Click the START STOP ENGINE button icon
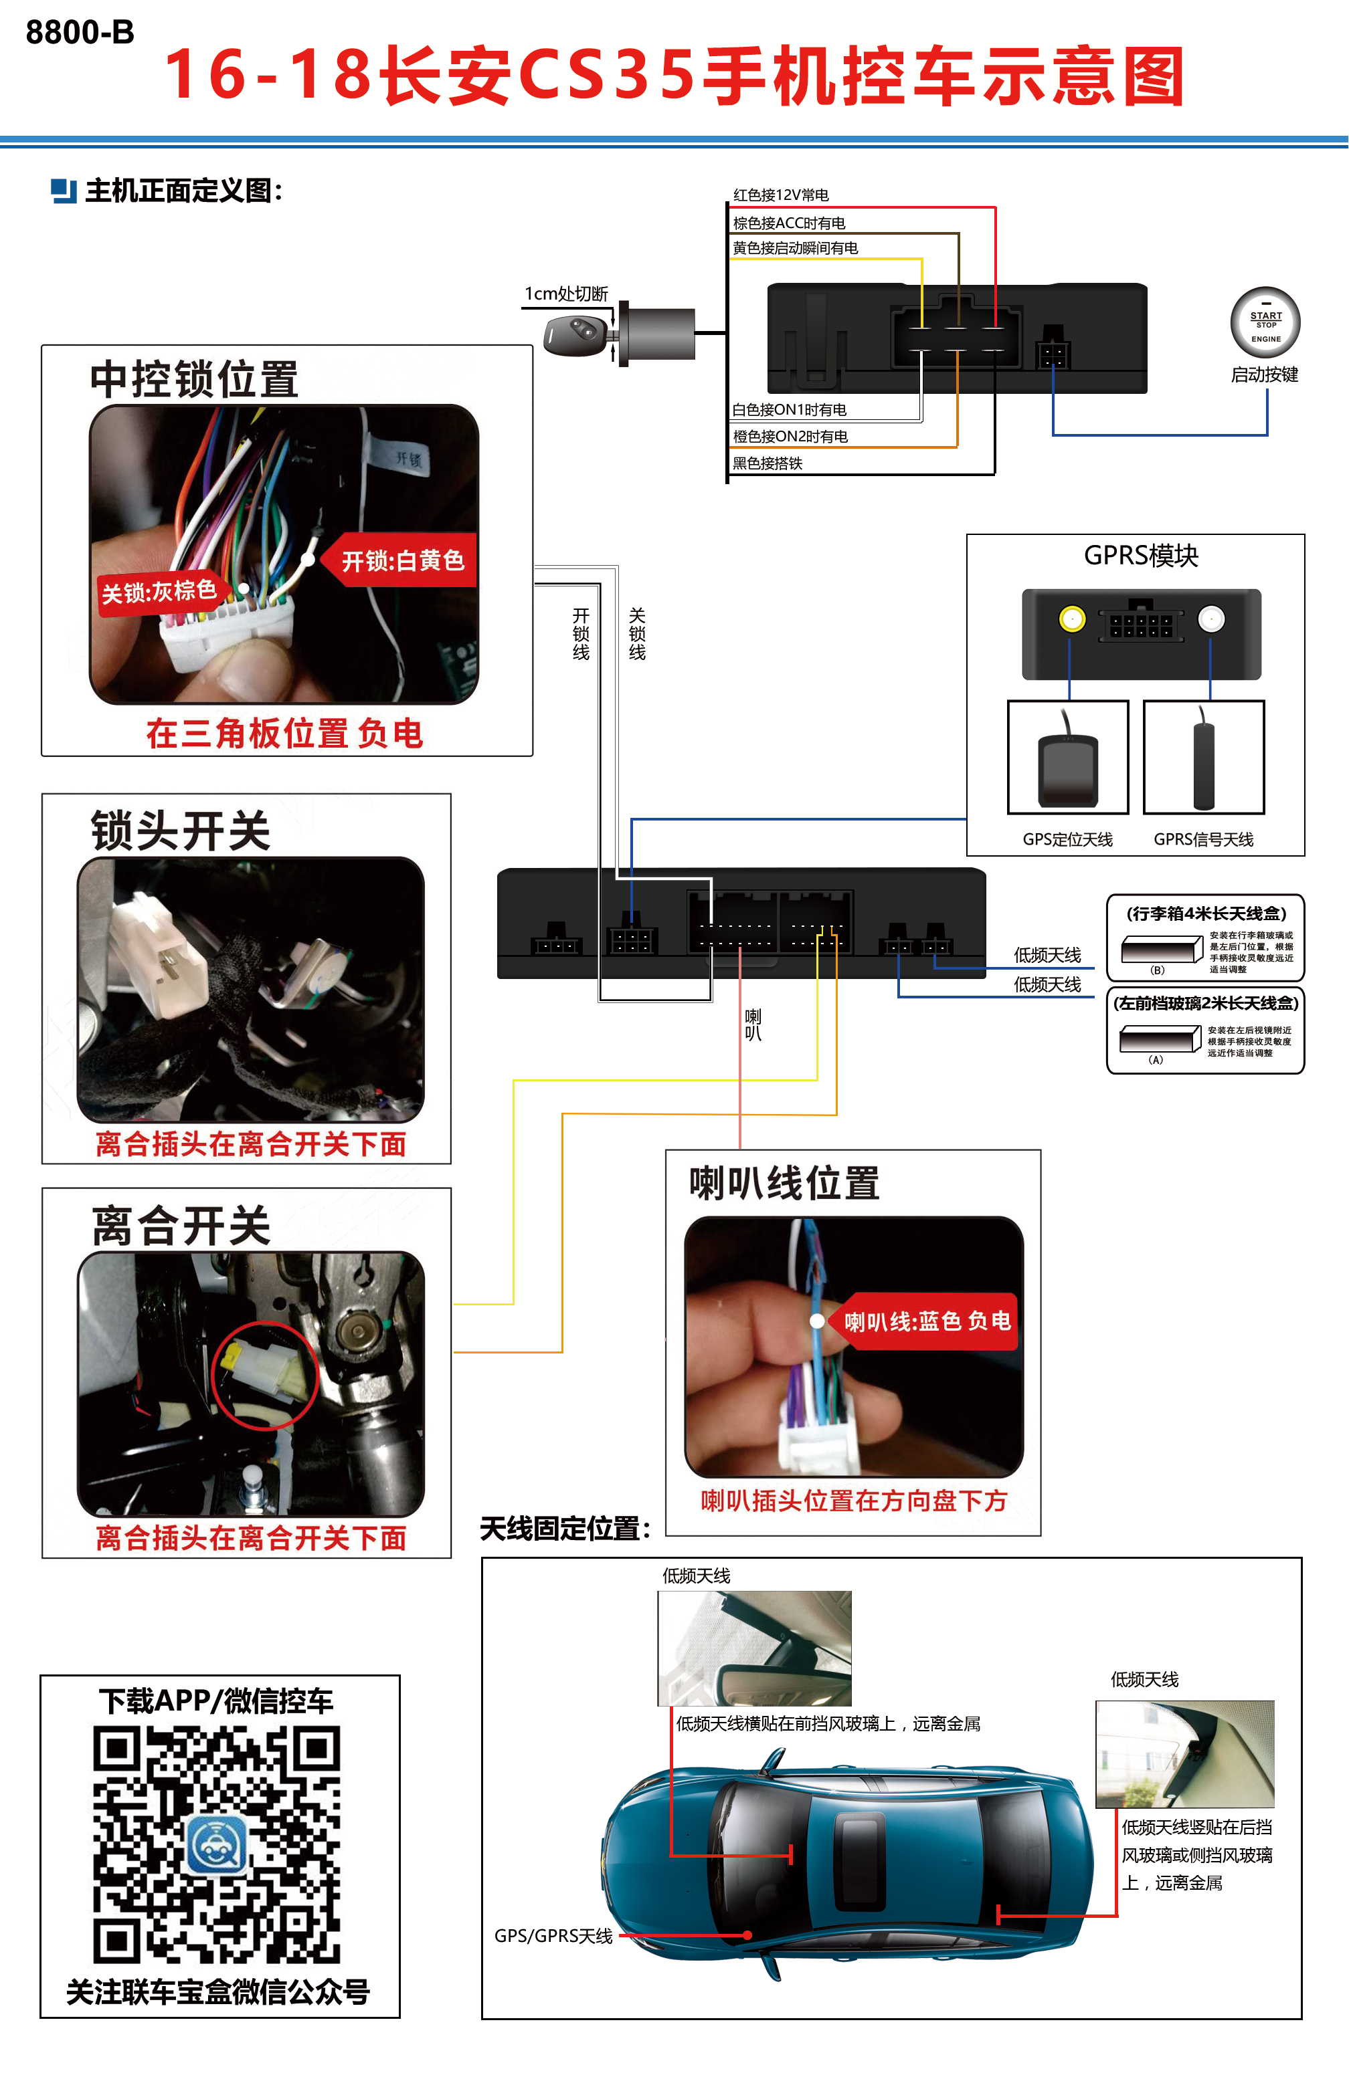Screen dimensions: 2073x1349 (1265, 322)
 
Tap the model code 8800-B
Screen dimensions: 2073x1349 (80, 32)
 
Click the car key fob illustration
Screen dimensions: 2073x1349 (575, 334)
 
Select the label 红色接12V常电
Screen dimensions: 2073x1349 (780, 195)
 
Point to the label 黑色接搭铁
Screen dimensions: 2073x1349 (767, 463)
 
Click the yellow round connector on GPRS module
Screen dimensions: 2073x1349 (1072, 619)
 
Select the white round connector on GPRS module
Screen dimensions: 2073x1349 (1210, 619)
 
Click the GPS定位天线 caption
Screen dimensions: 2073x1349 (1067, 839)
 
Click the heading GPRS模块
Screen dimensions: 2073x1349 (1141, 556)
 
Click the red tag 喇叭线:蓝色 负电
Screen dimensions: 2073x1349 (927, 1321)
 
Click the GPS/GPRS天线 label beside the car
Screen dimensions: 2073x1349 (553, 1935)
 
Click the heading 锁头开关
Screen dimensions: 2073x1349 (181, 830)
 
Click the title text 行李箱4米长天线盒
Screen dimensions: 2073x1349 (1205, 913)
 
